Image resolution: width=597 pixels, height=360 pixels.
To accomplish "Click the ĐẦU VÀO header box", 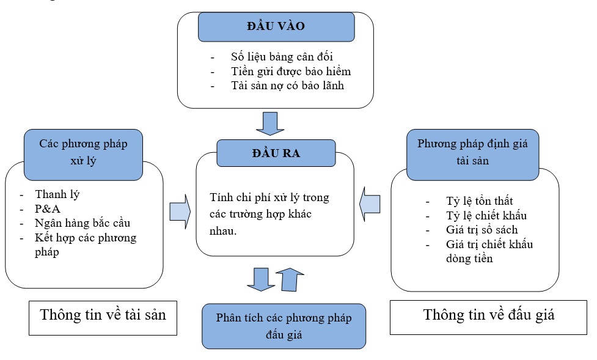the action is tap(276, 27).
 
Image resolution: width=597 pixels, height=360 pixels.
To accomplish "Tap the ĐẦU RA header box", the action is tap(276, 153).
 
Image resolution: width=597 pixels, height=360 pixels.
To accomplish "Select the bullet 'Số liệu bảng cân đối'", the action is tap(282, 57).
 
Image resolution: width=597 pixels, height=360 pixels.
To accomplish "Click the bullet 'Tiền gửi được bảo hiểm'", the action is tap(291, 72).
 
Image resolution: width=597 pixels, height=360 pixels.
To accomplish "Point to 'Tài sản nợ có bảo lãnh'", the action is tap(287, 86).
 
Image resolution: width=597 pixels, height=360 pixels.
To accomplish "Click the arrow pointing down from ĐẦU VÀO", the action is tap(270, 123).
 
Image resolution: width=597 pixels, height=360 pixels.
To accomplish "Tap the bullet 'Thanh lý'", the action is tap(57, 194).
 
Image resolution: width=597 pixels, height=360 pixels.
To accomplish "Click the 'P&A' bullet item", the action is tap(48, 209).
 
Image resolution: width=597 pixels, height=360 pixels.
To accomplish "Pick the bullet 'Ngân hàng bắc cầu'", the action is tap(82, 223).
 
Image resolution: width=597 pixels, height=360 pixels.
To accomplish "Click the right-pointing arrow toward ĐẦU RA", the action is tap(180, 211).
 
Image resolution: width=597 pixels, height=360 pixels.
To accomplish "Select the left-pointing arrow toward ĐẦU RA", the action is tap(370, 204).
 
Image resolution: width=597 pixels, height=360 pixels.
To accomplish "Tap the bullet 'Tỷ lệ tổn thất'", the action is tap(479, 200).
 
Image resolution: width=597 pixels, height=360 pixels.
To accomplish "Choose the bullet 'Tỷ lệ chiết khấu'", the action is tap(486, 215).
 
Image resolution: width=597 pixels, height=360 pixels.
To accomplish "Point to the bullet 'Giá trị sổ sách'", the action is tap(482, 230).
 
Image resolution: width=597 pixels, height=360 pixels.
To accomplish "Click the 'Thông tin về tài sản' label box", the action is tap(103, 318).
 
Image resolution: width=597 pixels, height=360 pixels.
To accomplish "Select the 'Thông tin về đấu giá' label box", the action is tap(488, 318).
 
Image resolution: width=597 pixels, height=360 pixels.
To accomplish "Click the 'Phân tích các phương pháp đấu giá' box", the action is tap(284, 326).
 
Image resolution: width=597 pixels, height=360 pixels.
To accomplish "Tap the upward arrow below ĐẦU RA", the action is tap(290, 279).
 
